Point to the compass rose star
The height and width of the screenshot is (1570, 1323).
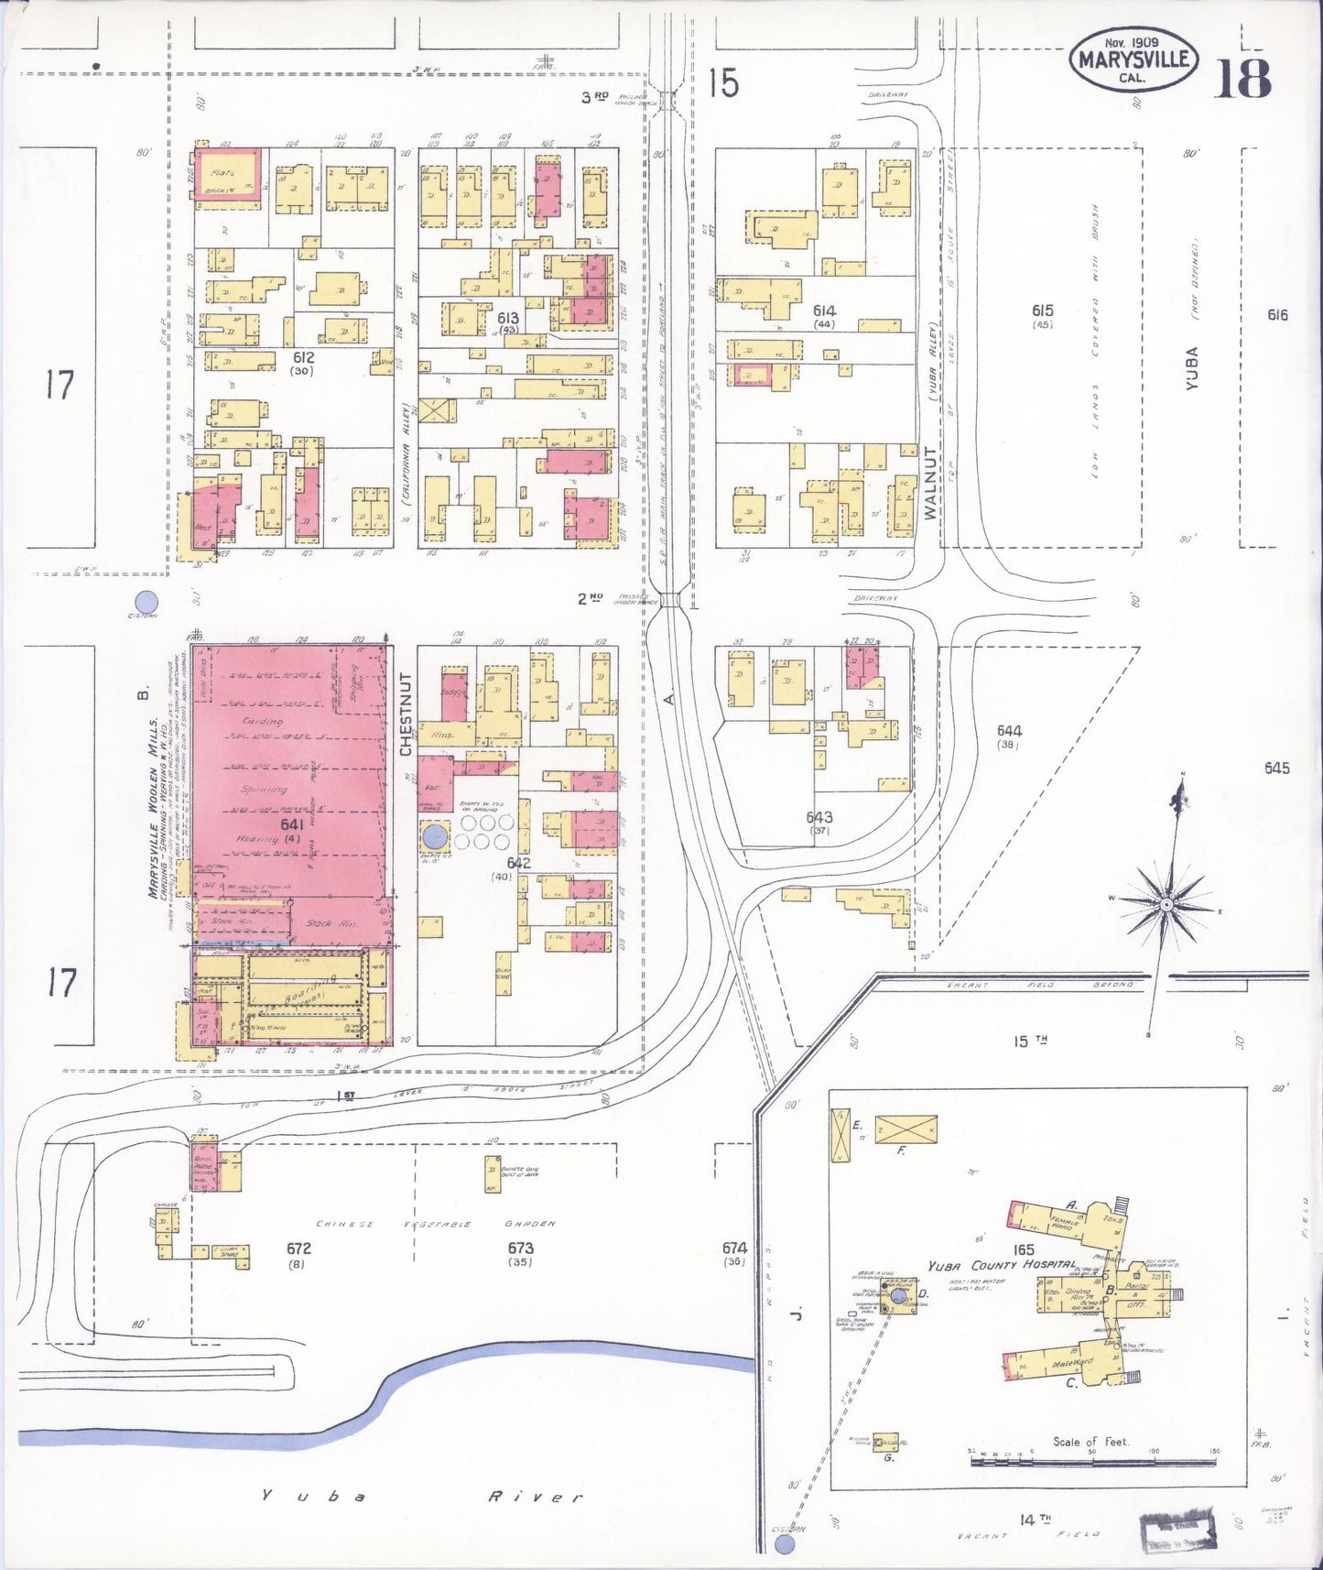1166,904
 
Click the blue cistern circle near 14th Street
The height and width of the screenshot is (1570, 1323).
784,1545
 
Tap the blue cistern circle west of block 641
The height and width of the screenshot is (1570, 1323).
146,602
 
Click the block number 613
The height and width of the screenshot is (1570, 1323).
508,318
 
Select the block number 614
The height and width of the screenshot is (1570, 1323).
823,311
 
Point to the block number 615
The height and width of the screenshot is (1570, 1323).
1041,311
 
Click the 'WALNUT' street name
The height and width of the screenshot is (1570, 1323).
931,483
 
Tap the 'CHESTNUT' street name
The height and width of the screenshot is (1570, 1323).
407,714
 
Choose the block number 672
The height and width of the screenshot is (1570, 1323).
298,1248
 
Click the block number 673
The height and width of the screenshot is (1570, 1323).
520,1248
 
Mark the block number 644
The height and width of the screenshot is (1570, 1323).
1009,730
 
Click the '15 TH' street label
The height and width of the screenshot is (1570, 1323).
1030,1041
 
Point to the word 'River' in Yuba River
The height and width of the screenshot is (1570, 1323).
535,1497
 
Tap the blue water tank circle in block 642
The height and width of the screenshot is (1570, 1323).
436,835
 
